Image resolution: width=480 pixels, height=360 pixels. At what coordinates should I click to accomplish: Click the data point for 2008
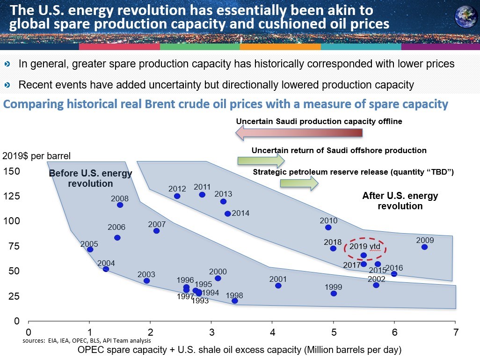click(120, 205)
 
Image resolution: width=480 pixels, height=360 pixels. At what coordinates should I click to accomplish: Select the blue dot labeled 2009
click(424, 247)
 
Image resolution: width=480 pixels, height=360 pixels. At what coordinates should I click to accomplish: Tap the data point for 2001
click(278, 286)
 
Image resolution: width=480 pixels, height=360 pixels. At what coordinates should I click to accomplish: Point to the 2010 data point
click(328, 228)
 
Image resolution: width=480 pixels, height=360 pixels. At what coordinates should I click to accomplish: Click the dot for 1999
click(334, 294)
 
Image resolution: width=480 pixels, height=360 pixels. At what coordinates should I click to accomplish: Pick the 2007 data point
click(156, 231)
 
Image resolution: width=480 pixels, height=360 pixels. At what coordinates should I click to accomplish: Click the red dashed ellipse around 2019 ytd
click(364, 250)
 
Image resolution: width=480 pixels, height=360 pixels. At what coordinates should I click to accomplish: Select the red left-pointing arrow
click(299, 133)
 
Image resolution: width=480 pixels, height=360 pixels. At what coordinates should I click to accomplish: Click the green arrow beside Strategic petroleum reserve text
click(299, 183)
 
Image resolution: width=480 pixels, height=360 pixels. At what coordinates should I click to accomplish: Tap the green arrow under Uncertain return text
click(261, 162)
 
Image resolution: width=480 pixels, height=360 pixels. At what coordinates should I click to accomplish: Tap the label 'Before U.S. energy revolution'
click(91, 178)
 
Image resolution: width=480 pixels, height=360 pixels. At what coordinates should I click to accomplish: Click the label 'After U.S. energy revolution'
click(400, 201)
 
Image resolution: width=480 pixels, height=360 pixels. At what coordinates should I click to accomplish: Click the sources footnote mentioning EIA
click(87, 341)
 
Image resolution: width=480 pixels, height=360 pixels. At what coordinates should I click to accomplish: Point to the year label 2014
click(240, 213)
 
